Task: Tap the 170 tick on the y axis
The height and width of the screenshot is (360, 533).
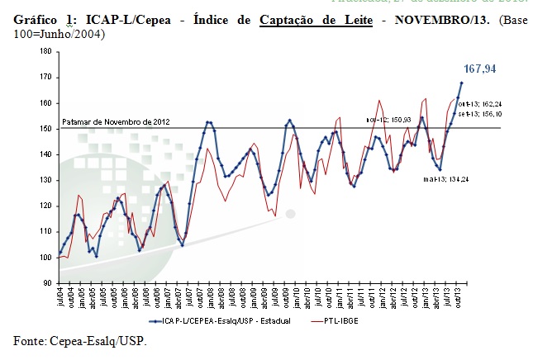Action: click(45, 77)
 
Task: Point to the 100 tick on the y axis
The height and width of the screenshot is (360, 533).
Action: click(45, 257)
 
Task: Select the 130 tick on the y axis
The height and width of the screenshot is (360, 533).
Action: click(45, 180)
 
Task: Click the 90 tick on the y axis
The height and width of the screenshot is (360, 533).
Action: click(46, 282)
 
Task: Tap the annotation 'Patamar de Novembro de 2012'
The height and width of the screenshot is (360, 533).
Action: click(116, 121)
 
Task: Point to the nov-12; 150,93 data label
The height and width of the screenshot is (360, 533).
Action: click(388, 120)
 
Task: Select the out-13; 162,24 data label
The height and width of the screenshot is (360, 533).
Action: click(485, 103)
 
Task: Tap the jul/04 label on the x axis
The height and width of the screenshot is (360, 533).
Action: click(60, 296)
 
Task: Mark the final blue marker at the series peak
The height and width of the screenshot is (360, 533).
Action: click(462, 83)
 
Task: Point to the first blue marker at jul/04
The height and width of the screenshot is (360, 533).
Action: click(59, 252)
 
